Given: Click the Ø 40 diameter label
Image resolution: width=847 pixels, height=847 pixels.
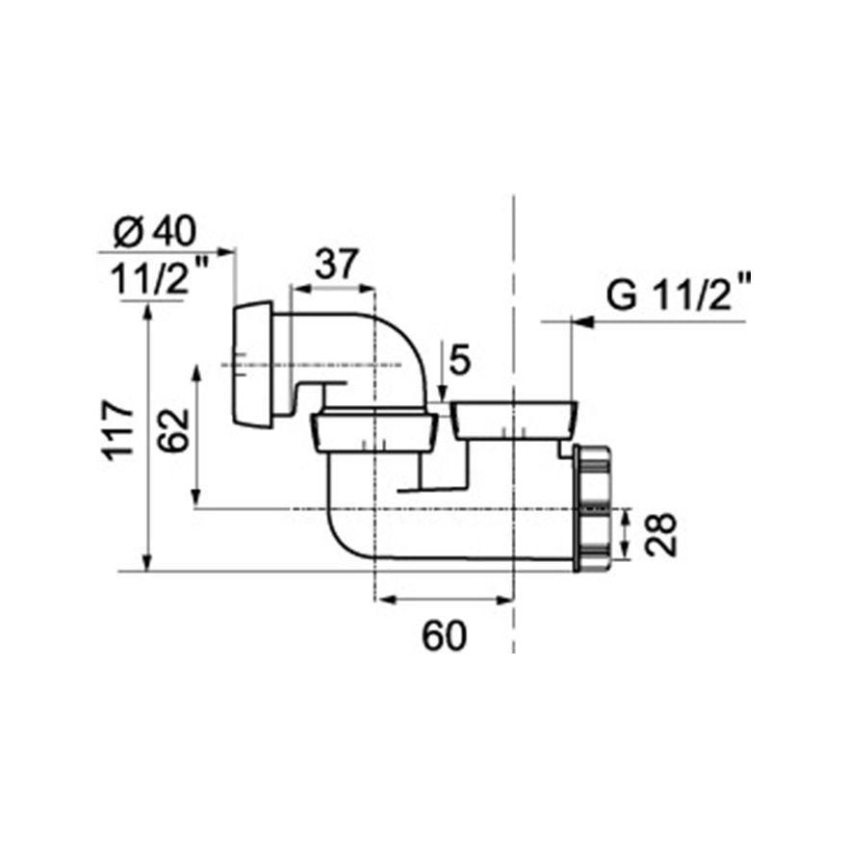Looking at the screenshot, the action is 155,232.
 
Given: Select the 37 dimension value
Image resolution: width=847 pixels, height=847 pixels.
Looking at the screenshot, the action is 337,264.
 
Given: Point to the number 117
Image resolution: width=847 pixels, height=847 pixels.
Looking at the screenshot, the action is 118,430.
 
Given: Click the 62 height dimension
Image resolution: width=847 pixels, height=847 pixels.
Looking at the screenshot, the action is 174,430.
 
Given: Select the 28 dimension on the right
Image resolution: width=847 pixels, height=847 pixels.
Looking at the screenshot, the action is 660,534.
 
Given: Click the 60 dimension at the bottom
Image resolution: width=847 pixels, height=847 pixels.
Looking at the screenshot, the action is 444,636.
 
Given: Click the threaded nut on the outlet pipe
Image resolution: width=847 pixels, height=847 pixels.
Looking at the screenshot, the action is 594,508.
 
